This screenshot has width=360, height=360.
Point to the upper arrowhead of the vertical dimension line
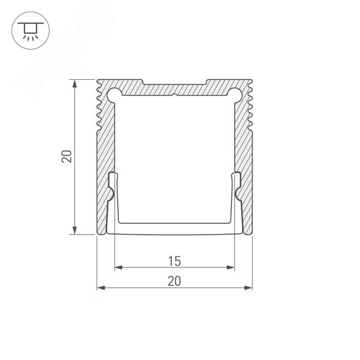75,81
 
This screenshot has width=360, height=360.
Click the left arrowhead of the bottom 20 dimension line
100,289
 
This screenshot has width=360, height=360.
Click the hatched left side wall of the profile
105,158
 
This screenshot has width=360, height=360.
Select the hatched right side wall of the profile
245,158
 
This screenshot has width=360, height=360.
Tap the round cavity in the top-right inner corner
235,93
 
